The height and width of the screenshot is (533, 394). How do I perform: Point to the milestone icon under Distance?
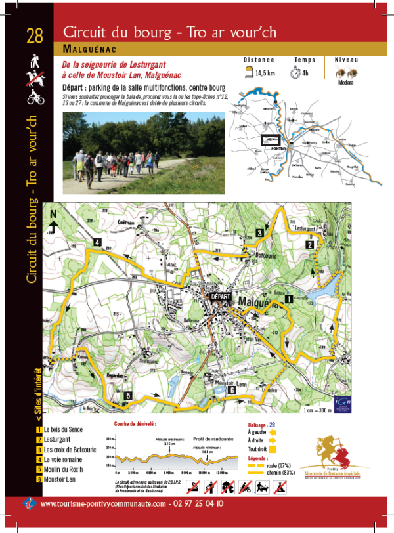click(x=250, y=73)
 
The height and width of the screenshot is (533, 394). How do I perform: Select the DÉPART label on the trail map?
click(x=220, y=297)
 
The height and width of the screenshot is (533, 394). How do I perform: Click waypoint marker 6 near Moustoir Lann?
click(x=231, y=391)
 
